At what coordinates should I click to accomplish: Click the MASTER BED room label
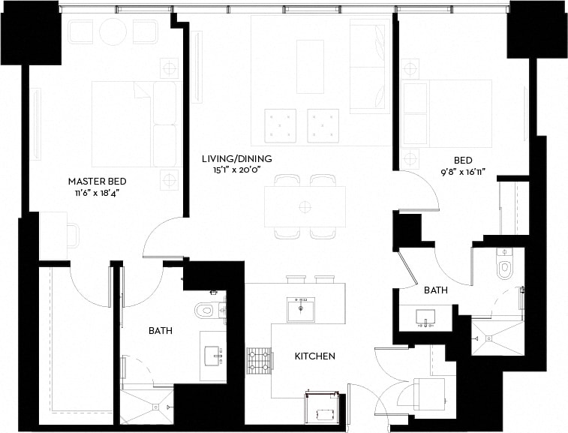click(97, 182)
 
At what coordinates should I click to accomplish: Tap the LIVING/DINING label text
click(236, 159)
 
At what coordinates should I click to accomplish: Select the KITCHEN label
click(315, 356)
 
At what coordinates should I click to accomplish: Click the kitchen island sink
click(300, 308)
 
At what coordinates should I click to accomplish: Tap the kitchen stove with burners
click(258, 360)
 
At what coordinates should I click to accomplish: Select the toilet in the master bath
click(205, 309)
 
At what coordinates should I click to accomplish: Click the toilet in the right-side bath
click(504, 266)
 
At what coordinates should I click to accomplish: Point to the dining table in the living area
click(305, 206)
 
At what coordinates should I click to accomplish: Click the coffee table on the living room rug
click(310, 66)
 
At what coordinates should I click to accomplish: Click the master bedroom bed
click(134, 124)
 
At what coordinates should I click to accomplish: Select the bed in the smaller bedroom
click(447, 113)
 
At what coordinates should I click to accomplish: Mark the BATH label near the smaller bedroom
click(436, 290)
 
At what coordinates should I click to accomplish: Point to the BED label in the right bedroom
click(463, 160)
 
